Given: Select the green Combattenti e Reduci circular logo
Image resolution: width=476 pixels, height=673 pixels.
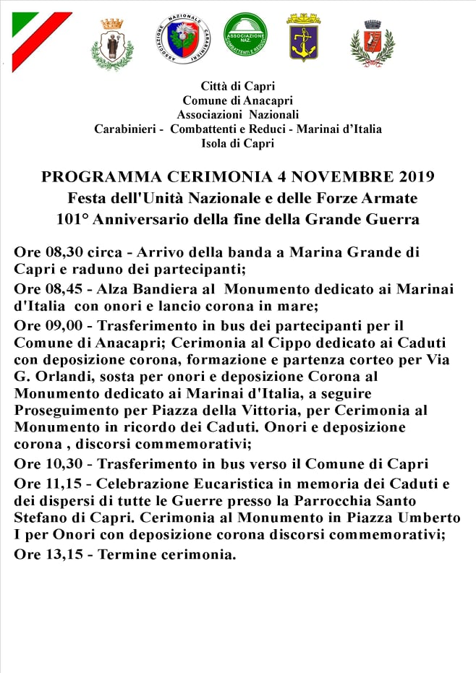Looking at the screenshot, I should [x=245, y=35].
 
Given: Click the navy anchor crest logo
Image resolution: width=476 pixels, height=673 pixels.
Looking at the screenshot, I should [x=304, y=37].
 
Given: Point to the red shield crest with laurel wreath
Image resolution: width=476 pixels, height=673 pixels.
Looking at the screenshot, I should [x=372, y=43].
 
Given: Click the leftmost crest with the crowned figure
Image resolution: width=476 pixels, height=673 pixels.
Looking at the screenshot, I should [x=112, y=43].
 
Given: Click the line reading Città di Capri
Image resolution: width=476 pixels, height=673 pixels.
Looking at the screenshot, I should [x=238, y=87].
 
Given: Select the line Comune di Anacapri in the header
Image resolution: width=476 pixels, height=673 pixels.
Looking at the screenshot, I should [x=237, y=100].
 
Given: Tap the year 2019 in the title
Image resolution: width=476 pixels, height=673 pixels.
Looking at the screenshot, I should [x=409, y=177].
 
